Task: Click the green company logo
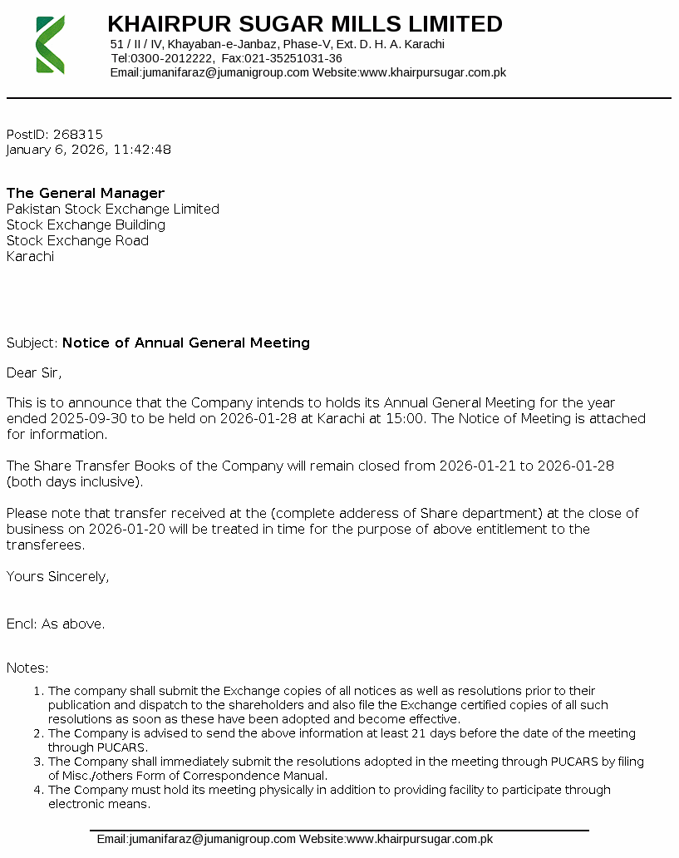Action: [50, 44]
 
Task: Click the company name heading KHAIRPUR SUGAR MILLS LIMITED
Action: [305, 24]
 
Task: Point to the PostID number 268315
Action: [77, 134]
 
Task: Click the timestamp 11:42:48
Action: [142, 150]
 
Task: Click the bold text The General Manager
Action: [86, 194]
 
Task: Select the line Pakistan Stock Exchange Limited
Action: [113, 210]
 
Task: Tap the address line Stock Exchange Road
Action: [78, 241]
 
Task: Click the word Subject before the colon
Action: [31, 343]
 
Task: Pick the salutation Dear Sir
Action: [34, 372]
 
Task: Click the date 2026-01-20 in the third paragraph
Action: [108, 529]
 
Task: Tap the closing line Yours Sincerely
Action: [57, 576]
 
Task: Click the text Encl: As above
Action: [56, 624]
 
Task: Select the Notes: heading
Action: [27, 668]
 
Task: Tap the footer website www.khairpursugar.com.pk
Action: [420, 839]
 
